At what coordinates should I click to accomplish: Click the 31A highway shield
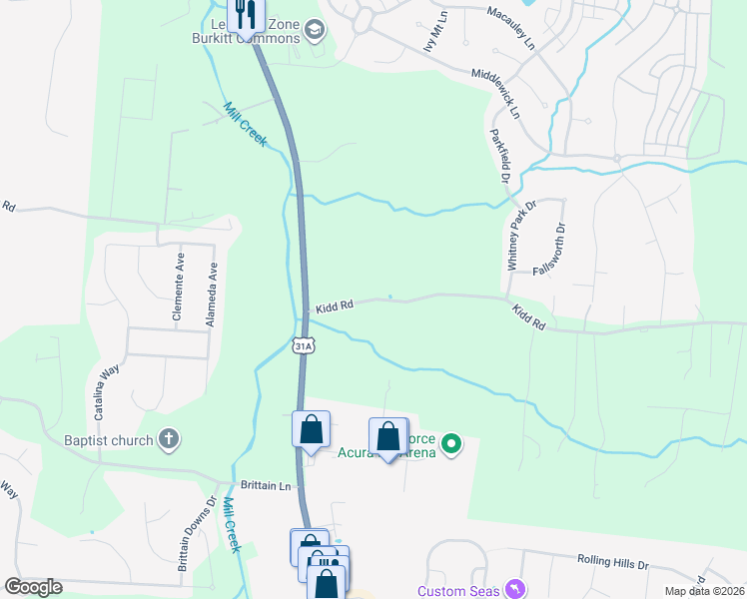point(305,345)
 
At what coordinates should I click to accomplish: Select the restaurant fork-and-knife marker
point(245,15)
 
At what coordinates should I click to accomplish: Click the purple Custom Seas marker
point(515,590)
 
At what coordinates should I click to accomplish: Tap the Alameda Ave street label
point(211,296)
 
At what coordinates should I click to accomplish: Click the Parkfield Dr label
point(499,155)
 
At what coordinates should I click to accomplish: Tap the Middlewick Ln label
point(495,94)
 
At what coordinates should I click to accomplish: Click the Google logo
point(34,587)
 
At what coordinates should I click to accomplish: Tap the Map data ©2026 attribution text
point(704,591)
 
